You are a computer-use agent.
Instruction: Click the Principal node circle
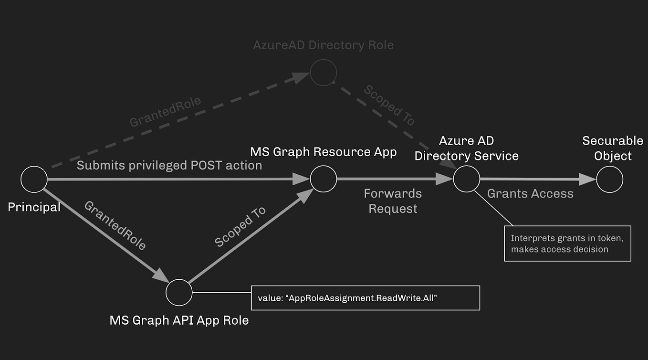(x=34, y=180)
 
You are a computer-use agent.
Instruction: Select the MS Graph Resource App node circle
(x=324, y=179)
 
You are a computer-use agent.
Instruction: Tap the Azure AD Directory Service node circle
(x=466, y=179)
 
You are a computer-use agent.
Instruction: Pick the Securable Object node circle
(x=609, y=179)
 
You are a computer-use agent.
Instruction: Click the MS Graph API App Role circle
(x=179, y=292)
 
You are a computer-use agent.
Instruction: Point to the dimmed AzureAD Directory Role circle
(x=324, y=73)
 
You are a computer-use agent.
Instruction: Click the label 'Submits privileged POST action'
(x=169, y=165)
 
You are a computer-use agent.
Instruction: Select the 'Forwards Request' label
(x=393, y=201)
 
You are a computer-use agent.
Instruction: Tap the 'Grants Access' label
(x=530, y=193)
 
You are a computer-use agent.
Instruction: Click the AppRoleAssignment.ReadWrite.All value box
(x=365, y=298)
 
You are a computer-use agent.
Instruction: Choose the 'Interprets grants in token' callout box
(x=567, y=244)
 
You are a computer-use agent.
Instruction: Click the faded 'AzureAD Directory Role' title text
(x=324, y=45)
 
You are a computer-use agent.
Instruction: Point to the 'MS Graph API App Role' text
(x=179, y=319)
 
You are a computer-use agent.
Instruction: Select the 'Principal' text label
(x=34, y=207)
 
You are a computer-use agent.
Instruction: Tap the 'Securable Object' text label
(x=613, y=148)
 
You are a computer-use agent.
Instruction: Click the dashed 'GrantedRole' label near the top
(x=165, y=112)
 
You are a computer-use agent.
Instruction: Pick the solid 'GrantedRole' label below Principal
(x=115, y=225)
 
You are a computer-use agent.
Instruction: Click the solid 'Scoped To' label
(x=240, y=227)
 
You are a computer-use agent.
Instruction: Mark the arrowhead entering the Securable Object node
(x=588, y=180)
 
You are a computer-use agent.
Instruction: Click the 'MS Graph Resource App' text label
(x=324, y=152)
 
